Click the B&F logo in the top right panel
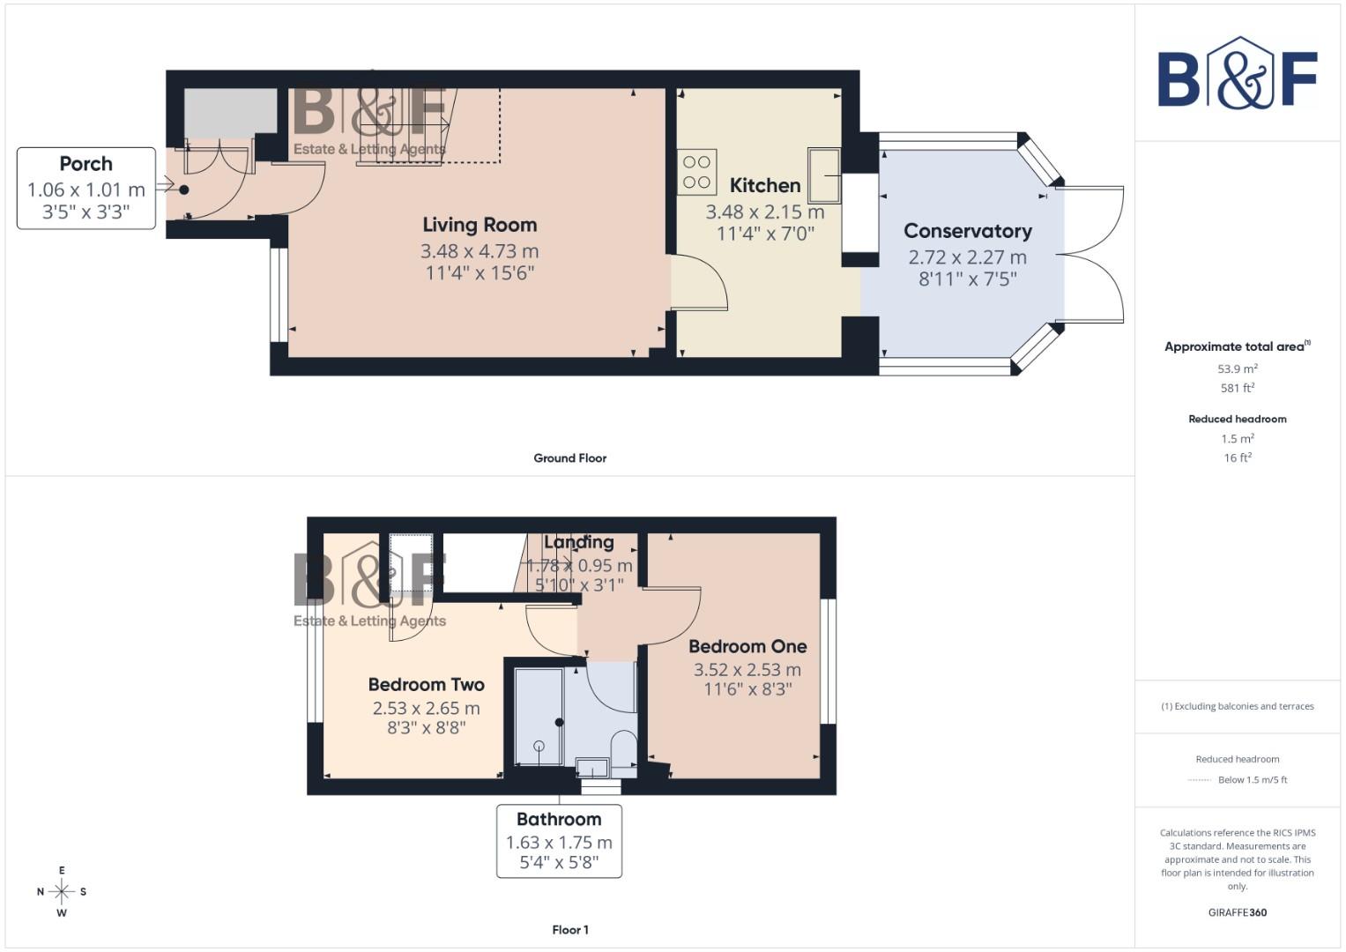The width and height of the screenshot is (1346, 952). click(1237, 74)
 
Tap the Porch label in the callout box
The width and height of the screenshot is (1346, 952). click(86, 164)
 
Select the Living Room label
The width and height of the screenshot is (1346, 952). click(479, 225)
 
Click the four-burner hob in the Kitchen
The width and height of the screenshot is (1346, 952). click(696, 172)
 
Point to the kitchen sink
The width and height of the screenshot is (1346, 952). click(824, 175)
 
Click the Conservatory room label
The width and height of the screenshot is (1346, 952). click(967, 231)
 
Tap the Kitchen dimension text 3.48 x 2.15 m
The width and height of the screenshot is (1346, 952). click(764, 212)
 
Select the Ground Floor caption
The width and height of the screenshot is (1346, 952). click(569, 458)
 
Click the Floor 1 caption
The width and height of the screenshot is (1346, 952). click(569, 930)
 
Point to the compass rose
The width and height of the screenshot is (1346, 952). click(62, 892)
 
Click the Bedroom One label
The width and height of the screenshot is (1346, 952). click(747, 646)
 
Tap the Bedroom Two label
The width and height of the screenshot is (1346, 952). click(426, 685)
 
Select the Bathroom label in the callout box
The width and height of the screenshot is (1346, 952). click(559, 820)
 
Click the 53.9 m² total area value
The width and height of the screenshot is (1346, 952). click(1237, 369)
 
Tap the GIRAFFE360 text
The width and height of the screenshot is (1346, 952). click(1237, 912)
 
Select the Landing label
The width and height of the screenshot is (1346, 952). click(578, 542)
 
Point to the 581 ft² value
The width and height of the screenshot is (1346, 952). click(1237, 388)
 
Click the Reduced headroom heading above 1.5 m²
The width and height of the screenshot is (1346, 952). click(1237, 419)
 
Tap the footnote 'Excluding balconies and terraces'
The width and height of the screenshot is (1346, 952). click(1237, 706)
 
